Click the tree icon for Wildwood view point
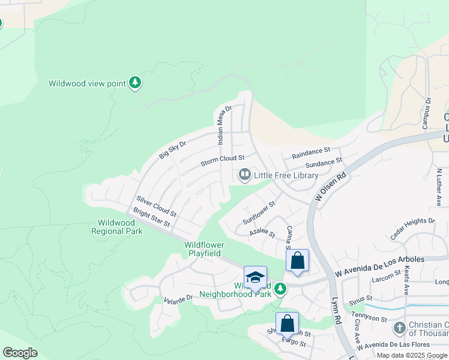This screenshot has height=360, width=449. tap(136, 83)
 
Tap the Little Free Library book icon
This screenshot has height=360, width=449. tap(244, 175)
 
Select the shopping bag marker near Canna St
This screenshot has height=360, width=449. tap(297, 261)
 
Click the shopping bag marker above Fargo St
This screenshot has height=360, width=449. tap(288, 323)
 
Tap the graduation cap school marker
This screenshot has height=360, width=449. tap(255, 277)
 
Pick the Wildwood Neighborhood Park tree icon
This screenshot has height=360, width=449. tap(279, 290)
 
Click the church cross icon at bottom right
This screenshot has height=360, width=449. tap(400, 328)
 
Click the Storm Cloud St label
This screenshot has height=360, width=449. tap(223, 160)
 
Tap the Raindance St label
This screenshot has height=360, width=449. tap(311, 154)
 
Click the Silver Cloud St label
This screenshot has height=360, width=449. tap(156, 206)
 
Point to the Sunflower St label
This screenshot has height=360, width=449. tap(259, 212)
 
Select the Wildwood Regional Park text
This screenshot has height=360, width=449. tap(116, 227)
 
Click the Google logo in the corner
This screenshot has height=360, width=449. tap(20, 353)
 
